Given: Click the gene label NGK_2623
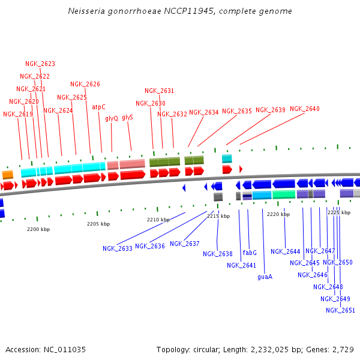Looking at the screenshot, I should (40, 64).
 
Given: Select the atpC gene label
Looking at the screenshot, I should (98, 107).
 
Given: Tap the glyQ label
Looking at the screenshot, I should (112, 118).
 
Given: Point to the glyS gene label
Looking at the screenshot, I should (127, 117).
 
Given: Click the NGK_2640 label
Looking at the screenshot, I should (305, 109).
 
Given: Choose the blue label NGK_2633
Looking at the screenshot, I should (117, 248).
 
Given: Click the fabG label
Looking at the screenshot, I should (250, 253).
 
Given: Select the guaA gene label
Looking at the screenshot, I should (265, 277).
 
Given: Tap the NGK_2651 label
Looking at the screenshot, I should (340, 310).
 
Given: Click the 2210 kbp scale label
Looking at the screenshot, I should (158, 220).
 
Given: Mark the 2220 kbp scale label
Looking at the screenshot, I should (278, 214).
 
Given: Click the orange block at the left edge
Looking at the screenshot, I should (7, 175).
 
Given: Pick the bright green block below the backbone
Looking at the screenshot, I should (284, 194).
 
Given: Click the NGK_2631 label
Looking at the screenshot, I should (159, 91).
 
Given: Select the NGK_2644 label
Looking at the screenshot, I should (285, 251).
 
